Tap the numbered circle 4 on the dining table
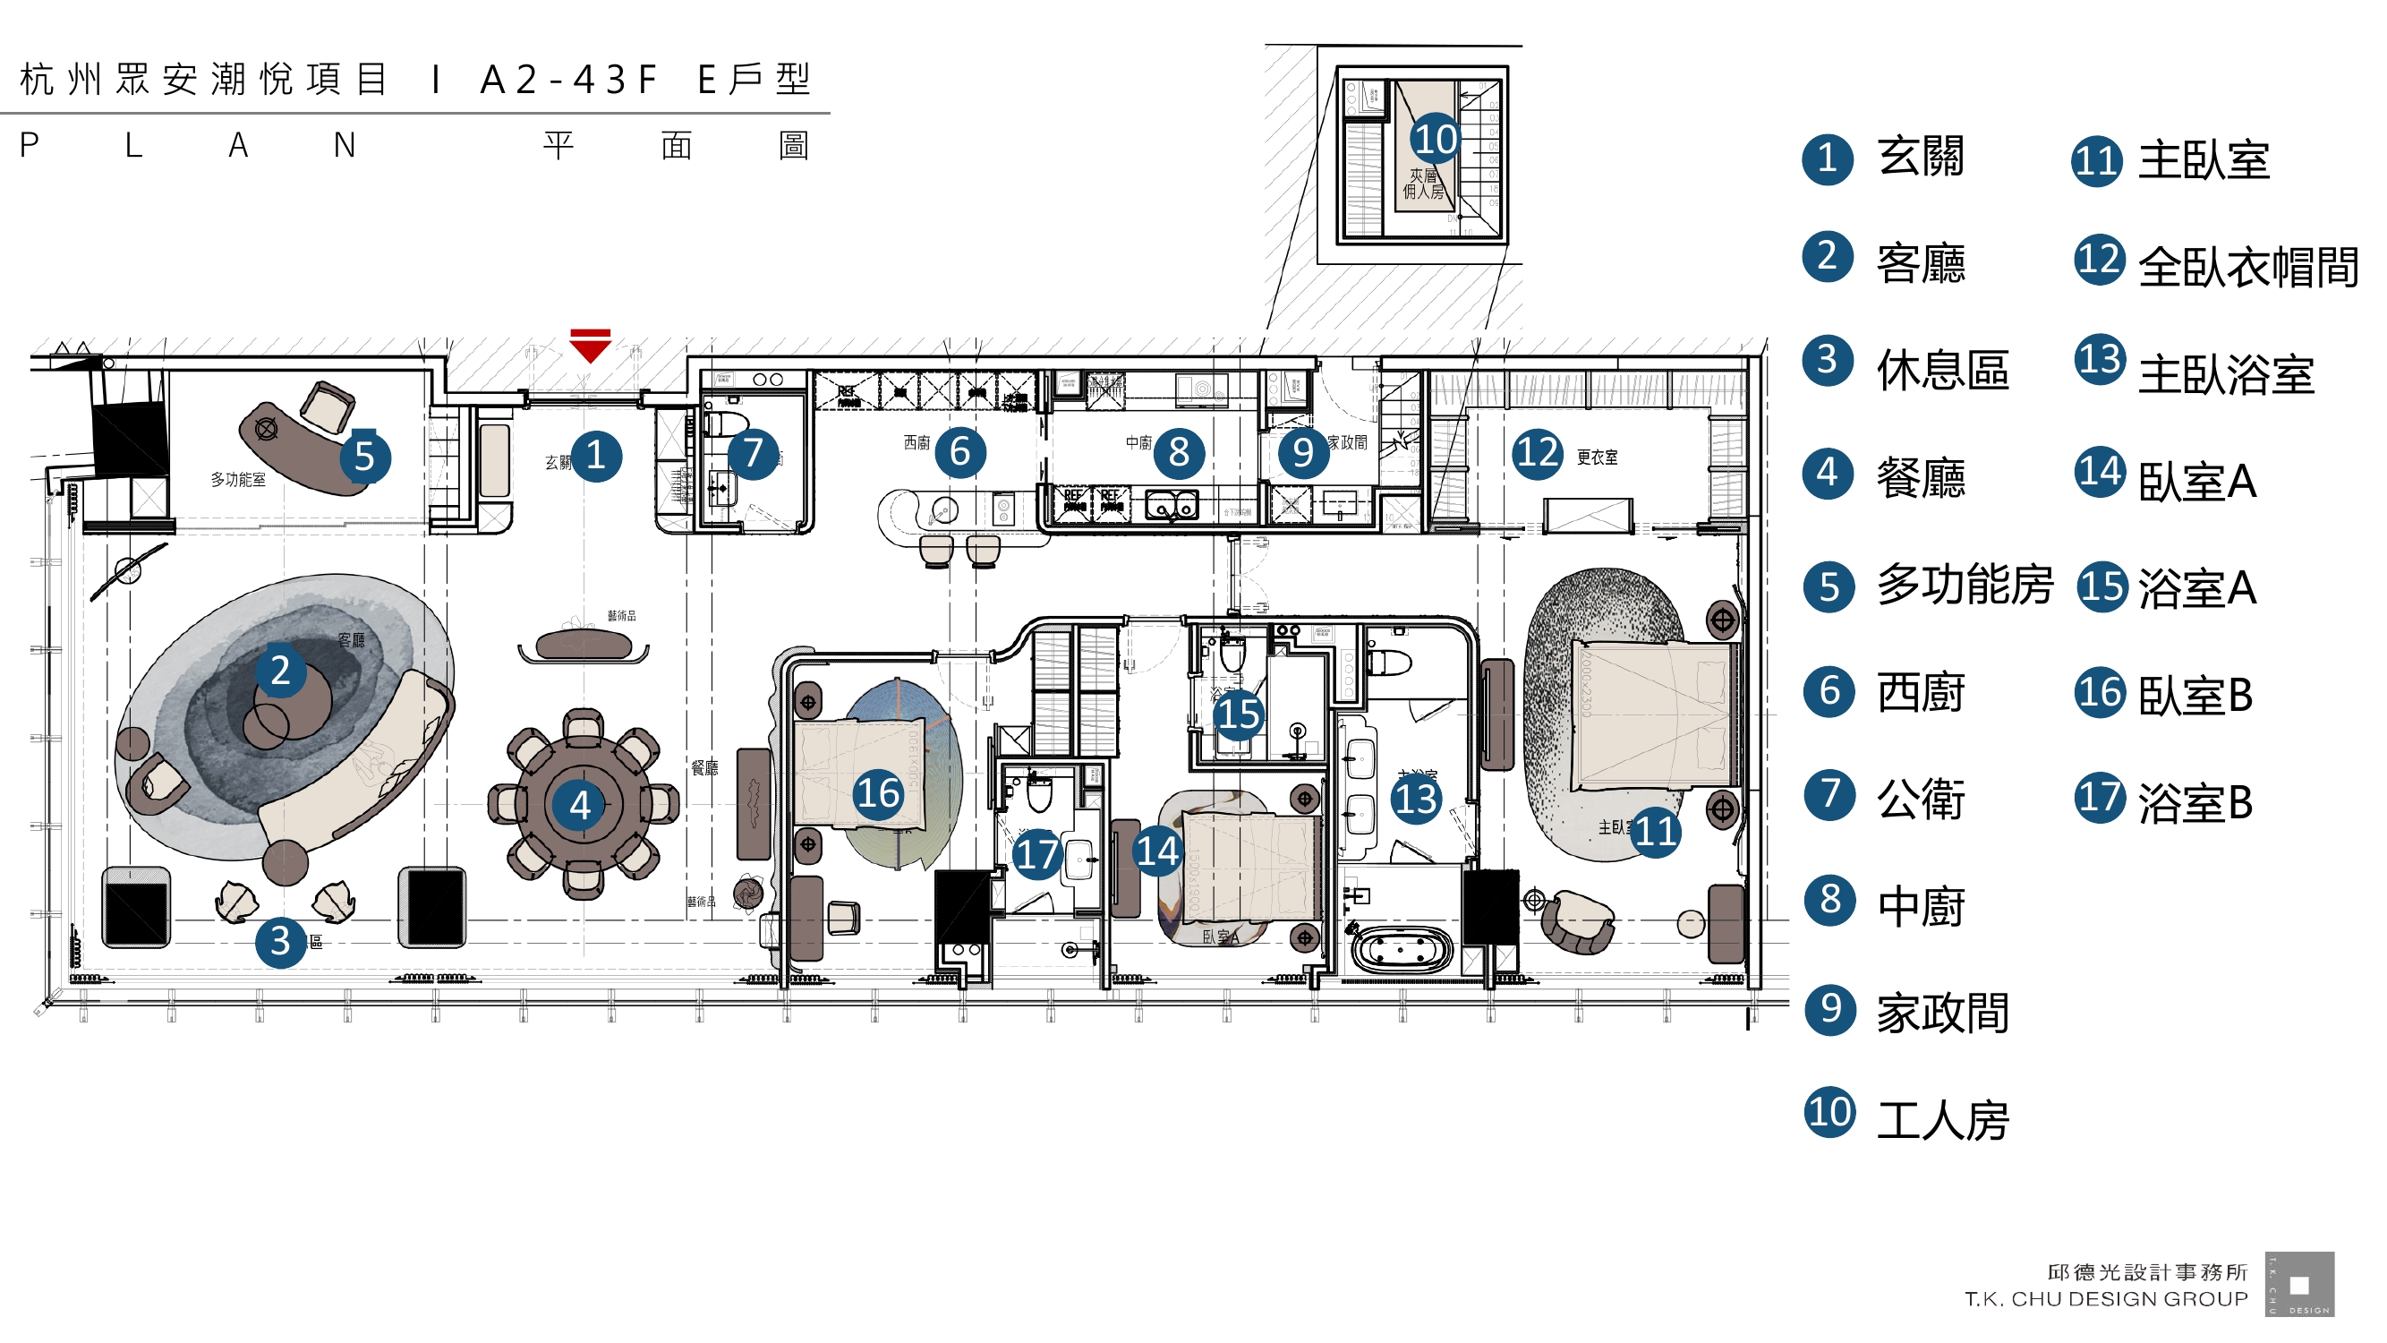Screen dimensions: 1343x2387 (x=580, y=806)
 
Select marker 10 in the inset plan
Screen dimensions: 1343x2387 (x=1436, y=140)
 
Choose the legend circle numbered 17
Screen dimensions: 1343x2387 (x=2100, y=798)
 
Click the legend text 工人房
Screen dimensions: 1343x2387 (x=1943, y=1121)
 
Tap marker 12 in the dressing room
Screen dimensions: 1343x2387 (x=1538, y=453)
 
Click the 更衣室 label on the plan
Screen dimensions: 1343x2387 (x=1598, y=457)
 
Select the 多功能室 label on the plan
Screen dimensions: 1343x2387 (x=238, y=479)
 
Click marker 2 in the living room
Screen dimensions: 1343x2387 (x=280, y=670)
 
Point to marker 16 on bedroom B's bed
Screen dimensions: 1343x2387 (x=877, y=793)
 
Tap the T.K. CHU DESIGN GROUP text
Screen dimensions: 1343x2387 (x=2106, y=1299)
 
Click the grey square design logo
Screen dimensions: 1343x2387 (x=2299, y=1285)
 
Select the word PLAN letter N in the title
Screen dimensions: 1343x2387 (x=345, y=146)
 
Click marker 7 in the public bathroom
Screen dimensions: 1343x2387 (x=753, y=453)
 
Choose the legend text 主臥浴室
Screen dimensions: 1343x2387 (x=2226, y=375)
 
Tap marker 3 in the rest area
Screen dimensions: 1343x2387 (x=280, y=942)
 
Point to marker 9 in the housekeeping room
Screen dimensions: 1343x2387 (x=1303, y=453)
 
